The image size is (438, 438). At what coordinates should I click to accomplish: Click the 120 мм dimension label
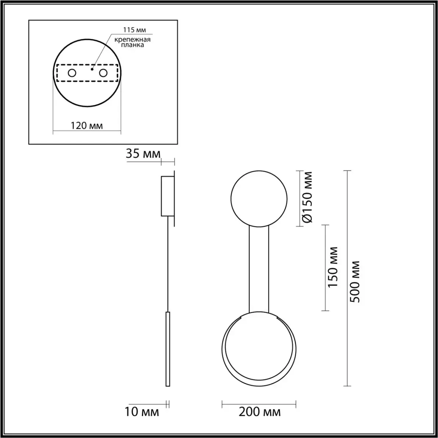[86, 126]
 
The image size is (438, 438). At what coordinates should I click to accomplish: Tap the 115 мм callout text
[135, 30]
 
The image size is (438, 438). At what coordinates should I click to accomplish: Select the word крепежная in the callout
[133, 39]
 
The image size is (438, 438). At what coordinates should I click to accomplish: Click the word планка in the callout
[133, 45]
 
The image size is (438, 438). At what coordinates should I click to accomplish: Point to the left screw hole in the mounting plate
[72, 73]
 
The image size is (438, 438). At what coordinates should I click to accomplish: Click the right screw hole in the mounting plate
[103, 73]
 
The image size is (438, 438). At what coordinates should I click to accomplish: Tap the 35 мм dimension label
[143, 154]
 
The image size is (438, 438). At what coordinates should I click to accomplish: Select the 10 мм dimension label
[141, 412]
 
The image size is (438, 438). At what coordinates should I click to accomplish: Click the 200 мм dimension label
[260, 412]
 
